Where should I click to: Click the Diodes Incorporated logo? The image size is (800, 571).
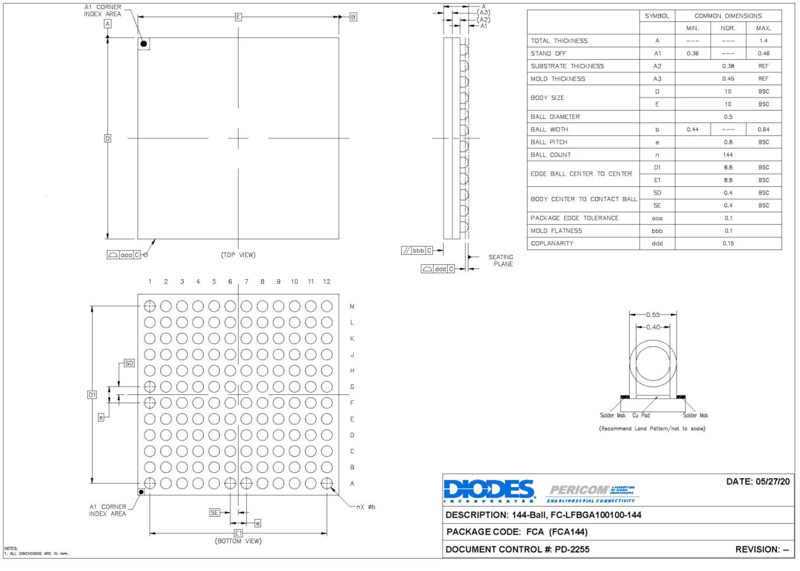tap(489, 491)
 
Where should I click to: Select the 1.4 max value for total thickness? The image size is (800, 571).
tap(763, 41)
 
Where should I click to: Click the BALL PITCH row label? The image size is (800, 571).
tap(548, 142)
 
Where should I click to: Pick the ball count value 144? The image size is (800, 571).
tap(728, 155)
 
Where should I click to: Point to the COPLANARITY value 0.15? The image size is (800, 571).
tap(728, 244)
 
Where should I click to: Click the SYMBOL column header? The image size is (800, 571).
tap(657, 16)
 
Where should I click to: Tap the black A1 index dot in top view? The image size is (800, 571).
tap(144, 44)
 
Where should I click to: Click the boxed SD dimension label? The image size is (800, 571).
tap(129, 364)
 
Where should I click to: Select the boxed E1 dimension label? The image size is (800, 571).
tap(238, 533)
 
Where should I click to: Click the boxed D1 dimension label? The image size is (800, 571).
tap(92, 395)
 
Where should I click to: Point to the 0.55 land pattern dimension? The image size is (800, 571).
tap(653, 314)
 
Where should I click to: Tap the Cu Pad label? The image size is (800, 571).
tap(641, 416)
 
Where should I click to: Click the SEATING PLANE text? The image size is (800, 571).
tap(500, 261)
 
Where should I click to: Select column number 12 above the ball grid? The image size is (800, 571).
tap(326, 282)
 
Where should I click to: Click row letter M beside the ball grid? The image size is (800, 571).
tap(352, 307)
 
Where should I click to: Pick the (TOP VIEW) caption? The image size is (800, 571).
tap(238, 255)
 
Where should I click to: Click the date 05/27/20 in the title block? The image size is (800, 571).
tap(757, 482)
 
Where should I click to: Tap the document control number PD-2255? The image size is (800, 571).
tap(571, 550)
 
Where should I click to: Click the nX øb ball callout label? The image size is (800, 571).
tap(365, 507)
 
